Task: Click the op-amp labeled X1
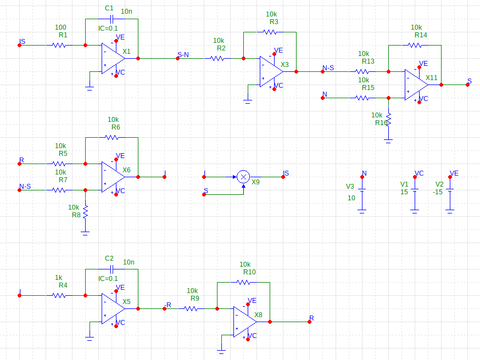click(113, 58)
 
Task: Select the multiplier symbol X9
click(243, 177)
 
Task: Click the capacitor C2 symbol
click(111, 269)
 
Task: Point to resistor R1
click(59, 45)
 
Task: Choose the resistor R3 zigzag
click(270, 32)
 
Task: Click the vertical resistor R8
click(85, 210)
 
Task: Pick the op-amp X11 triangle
click(416, 85)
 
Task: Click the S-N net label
click(183, 55)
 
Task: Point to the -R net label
click(167, 305)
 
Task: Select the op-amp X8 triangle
click(244, 322)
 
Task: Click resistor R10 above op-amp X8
click(243, 282)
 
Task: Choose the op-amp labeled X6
click(113, 177)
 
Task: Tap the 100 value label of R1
click(61, 27)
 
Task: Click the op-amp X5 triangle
click(113, 308)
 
